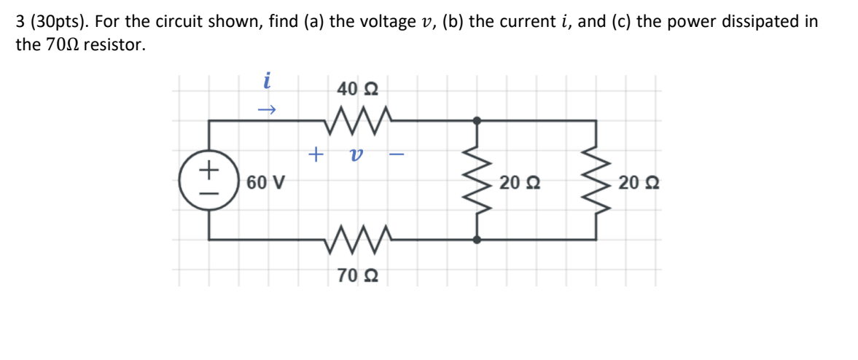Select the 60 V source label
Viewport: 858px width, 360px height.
click(265, 181)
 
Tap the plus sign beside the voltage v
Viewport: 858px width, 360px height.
click(315, 154)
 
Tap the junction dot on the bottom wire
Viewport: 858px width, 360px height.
click(477, 238)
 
